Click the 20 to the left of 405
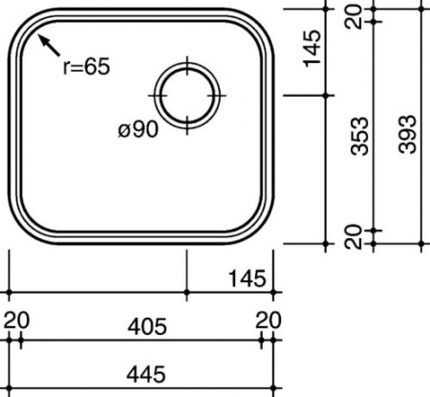tap(15, 320)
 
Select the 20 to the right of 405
tap(269, 320)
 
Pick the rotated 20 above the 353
tap(356, 16)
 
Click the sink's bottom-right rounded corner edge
tap(264, 227)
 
